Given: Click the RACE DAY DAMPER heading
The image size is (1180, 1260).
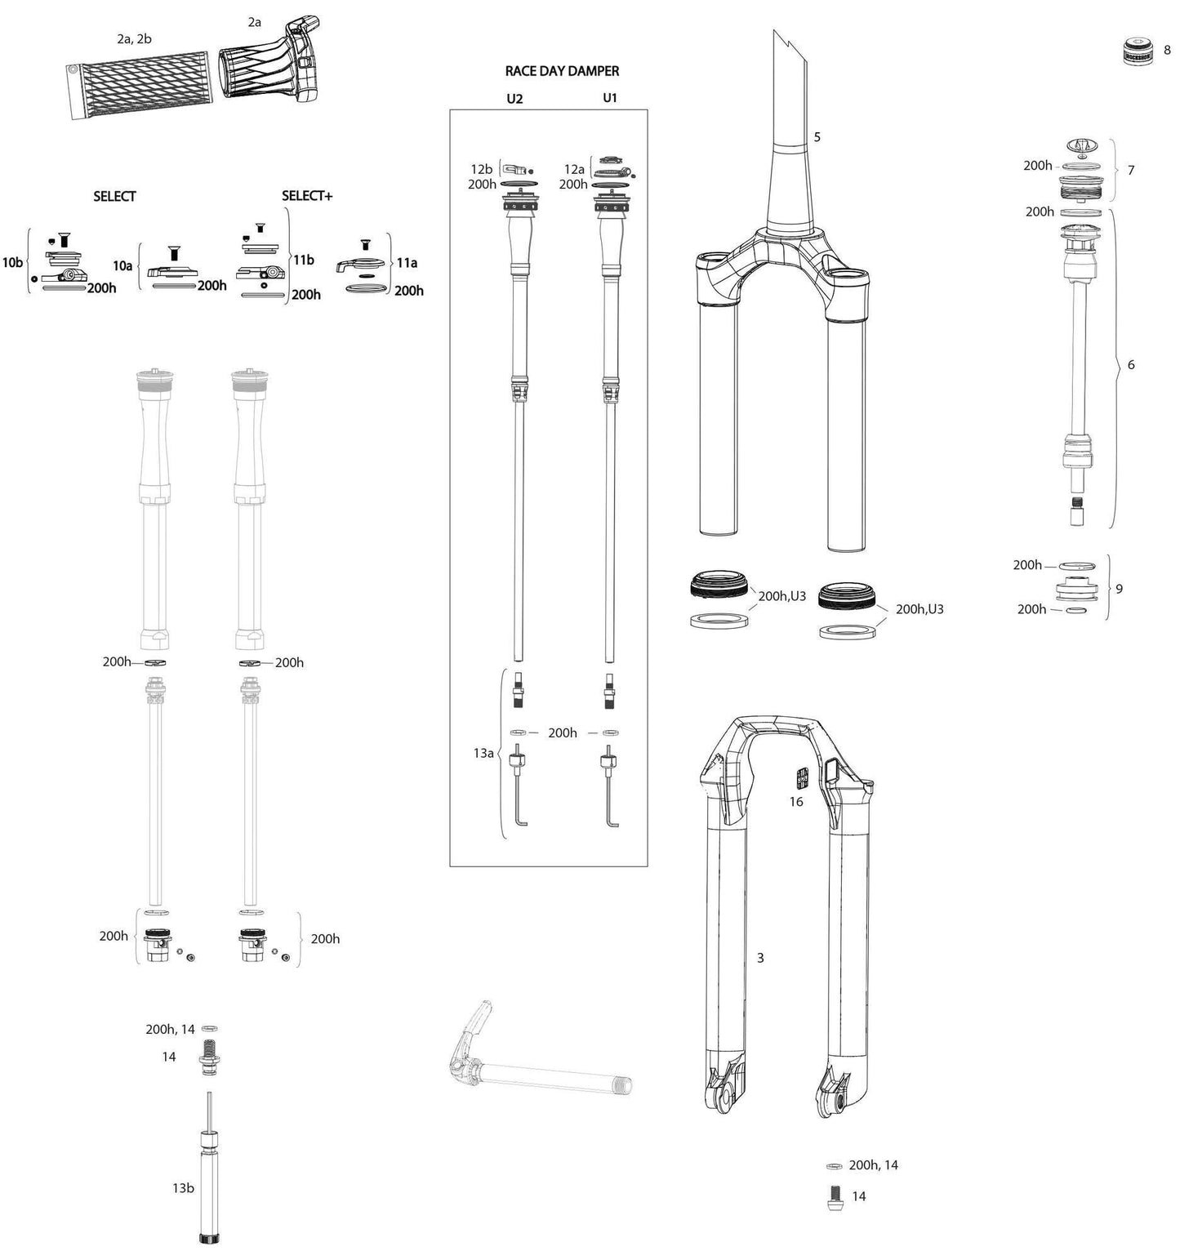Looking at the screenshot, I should [562, 71].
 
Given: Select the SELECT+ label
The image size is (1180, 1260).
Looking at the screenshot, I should [307, 196].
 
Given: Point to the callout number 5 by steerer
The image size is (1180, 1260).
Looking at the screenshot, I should [817, 137].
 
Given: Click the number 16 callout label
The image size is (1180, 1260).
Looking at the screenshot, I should [796, 802].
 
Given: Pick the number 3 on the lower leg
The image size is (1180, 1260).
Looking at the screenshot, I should [760, 958].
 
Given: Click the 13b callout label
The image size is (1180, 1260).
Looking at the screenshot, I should [183, 1188].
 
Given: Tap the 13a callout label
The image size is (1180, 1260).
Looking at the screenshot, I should [483, 753].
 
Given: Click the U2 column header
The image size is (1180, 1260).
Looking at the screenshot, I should [514, 99].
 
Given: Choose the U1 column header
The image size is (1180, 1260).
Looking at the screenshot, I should [610, 98].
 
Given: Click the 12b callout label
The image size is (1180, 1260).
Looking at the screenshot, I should [481, 169].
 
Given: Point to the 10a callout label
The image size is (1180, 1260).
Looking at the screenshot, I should [122, 266].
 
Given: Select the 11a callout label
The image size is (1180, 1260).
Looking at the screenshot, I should [407, 263].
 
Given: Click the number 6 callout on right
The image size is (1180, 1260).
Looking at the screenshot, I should [1131, 365].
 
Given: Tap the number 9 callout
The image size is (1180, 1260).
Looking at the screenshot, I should [1119, 588].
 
